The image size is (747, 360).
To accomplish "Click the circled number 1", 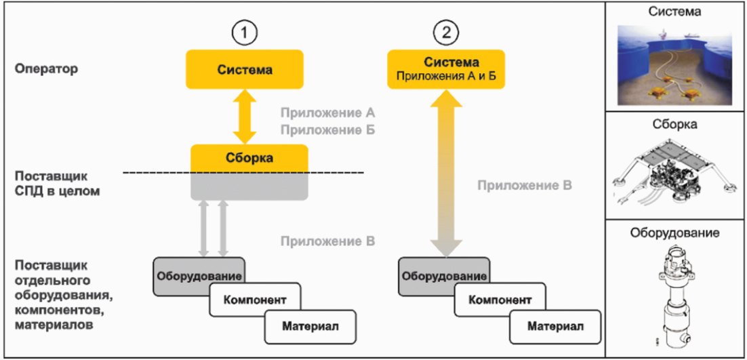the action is point(245,33).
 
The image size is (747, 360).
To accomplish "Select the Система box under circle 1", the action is point(245,70).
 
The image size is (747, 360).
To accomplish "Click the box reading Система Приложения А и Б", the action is point(447,70).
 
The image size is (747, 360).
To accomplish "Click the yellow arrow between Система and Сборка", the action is point(245,117).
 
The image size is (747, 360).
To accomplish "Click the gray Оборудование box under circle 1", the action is point(199,276).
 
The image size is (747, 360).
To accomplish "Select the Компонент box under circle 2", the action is point(499,300).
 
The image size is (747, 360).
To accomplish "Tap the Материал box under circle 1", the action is point(310,327).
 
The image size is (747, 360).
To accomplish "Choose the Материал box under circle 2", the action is point(555,327).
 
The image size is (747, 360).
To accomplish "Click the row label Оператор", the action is point(46,68).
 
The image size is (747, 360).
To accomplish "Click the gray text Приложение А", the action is point(328,113).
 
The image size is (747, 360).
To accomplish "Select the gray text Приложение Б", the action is point(328,129).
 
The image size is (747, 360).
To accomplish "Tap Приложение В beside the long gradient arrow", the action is point(525,185).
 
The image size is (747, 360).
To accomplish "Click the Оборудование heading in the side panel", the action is point(674,233).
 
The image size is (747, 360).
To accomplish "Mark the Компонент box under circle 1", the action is point(254,300).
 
